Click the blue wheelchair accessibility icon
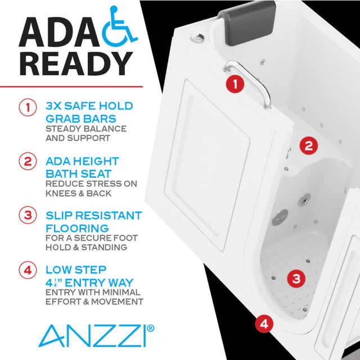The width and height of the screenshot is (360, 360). (120, 26)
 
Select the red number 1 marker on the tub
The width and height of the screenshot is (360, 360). (234, 84)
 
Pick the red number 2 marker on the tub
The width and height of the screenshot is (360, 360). (308, 146)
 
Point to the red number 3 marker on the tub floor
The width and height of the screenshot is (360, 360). (296, 277)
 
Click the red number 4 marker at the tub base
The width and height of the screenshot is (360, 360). (264, 323)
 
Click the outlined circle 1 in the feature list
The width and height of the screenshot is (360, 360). (28, 107)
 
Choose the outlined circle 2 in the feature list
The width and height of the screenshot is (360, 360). (28, 161)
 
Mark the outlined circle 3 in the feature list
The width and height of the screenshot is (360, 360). (28, 215)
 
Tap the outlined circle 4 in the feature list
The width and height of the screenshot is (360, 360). (28, 269)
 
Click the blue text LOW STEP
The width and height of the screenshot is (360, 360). (76, 269)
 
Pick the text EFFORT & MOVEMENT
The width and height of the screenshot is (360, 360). (94, 301)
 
